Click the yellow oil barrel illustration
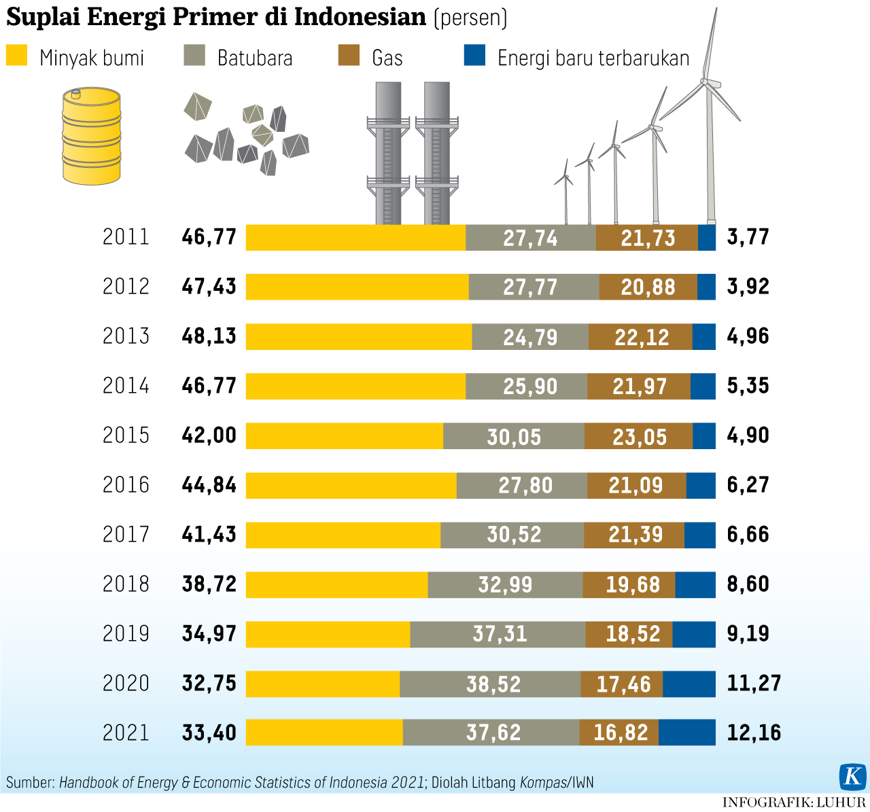point(91,136)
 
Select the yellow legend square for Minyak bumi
point(16,56)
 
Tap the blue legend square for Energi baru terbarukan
point(474,56)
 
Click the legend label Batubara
point(255,58)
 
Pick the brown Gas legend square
point(349,56)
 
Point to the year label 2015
point(126,436)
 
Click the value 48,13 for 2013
point(209,336)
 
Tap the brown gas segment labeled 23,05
point(639,436)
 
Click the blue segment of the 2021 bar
point(687,732)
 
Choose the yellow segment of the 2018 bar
point(336,584)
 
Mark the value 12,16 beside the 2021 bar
point(754,733)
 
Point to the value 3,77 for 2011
point(748,237)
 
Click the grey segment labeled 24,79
point(530,337)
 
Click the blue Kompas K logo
point(852,776)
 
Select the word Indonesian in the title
point(360,17)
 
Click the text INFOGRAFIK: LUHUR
point(794,802)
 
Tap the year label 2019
point(126,634)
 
